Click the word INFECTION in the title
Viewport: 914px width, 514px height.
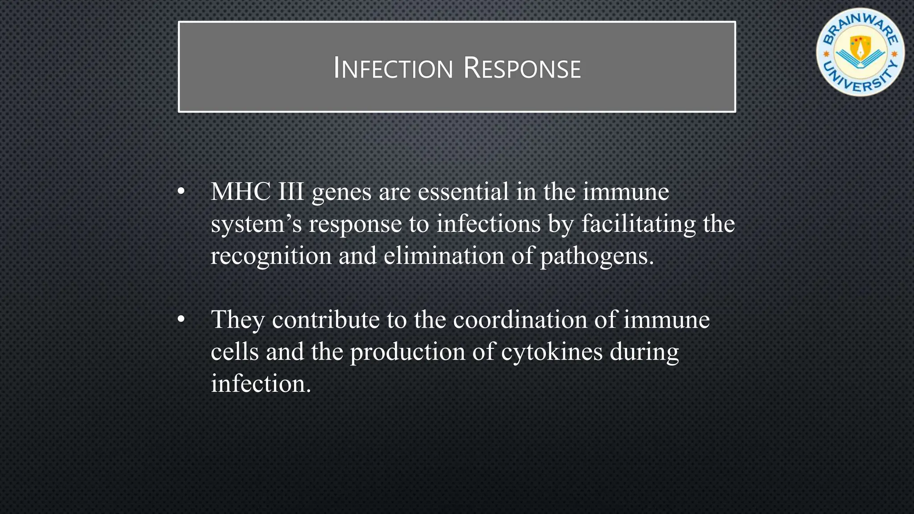pyautogui.click(x=393, y=69)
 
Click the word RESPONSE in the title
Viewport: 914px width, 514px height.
pyautogui.click(x=522, y=69)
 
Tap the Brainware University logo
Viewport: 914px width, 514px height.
pyautogui.click(x=860, y=52)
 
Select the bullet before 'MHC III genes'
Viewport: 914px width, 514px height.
pyautogui.click(x=181, y=192)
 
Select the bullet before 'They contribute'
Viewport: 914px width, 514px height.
pyautogui.click(x=181, y=320)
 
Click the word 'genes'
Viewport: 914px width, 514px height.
pyautogui.click(x=341, y=193)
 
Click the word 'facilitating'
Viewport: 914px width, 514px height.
pyautogui.click(x=638, y=224)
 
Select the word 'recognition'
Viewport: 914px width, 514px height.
pyautogui.click(x=271, y=257)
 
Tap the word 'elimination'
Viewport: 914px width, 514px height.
pyautogui.click(x=444, y=256)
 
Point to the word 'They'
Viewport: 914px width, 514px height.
pyautogui.click(x=237, y=320)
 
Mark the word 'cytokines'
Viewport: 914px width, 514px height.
pyautogui.click(x=552, y=352)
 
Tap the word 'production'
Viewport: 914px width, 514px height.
pyautogui.click(x=407, y=352)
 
